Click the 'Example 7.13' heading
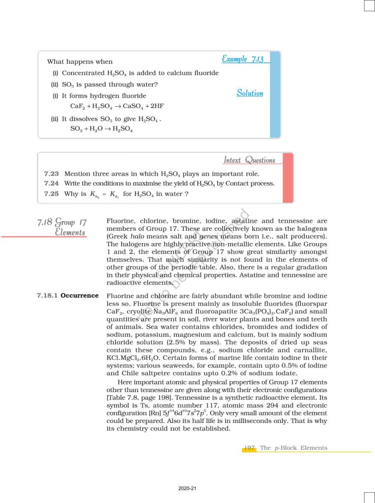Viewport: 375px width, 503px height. pos(242,59)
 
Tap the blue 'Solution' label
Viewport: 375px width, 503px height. pos(250,93)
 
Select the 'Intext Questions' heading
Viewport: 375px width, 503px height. pos(249,160)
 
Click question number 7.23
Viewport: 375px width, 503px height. pos(52,174)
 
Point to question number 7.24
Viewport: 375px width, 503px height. pos(52,184)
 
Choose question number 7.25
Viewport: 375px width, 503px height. pos(52,194)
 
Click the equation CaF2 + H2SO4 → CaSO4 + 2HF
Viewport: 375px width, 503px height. pos(106,106)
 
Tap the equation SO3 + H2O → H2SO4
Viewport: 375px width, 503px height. pos(102,129)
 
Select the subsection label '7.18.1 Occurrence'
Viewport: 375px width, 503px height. pos(68,296)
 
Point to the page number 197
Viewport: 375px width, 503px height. pos(250,448)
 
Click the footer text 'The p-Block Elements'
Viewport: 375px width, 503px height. pos(294,448)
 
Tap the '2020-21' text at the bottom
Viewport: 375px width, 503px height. pos(187,488)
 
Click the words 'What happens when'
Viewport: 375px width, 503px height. pos(80,62)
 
